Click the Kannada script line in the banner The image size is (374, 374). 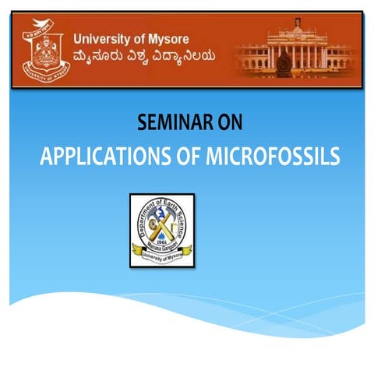[144, 56]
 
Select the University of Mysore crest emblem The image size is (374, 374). [44, 50]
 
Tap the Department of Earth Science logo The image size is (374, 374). [162, 230]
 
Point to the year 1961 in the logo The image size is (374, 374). [163, 242]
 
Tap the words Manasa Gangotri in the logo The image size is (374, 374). [162, 247]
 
